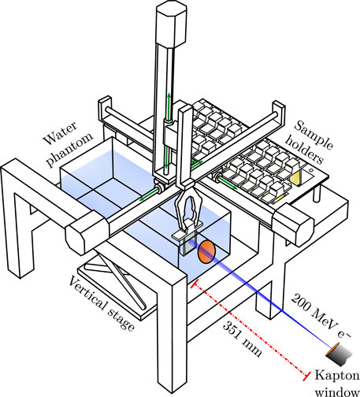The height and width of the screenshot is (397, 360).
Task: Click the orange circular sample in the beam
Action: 204,252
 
